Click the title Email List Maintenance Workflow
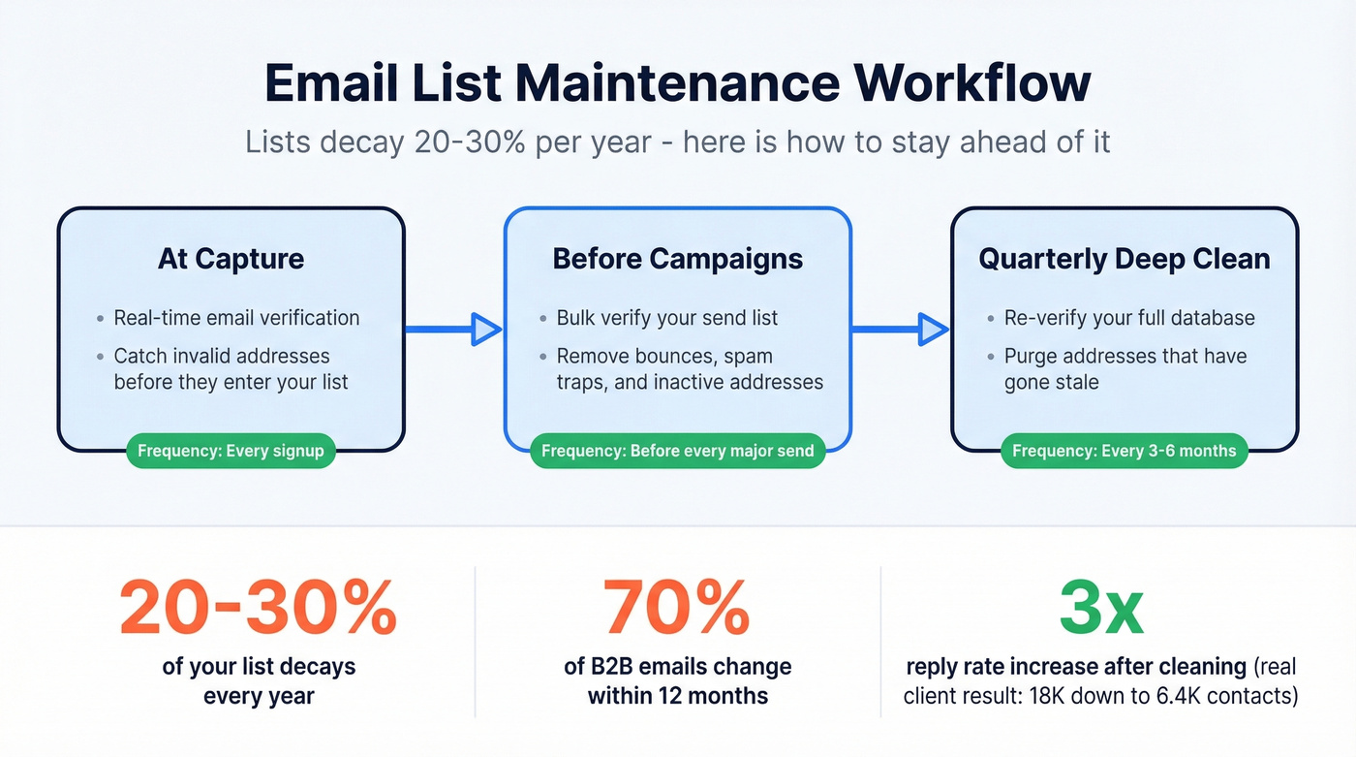point(677,83)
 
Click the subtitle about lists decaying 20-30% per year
point(677,142)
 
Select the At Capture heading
point(231,259)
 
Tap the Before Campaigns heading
point(677,259)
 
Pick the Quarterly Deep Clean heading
point(1124,259)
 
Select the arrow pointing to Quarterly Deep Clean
point(900,330)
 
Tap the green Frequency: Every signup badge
point(231,451)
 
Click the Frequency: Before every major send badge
point(677,451)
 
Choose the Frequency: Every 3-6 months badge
point(1124,451)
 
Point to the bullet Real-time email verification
point(236,318)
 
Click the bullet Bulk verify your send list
point(666,318)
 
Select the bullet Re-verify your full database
point(1128,318)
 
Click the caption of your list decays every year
point(258,681)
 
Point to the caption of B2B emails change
point(677,681)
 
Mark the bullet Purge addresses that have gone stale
point(1125,369)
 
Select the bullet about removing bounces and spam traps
point(689,369)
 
